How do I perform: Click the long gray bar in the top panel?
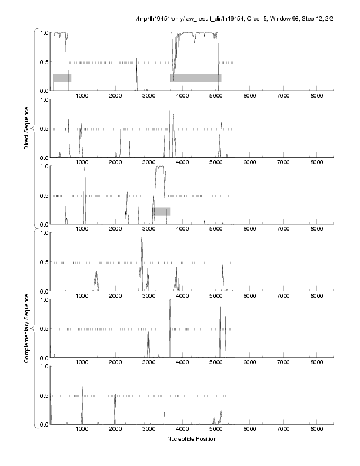(x=196, y=78)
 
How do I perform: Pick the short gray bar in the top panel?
(x=62, y=78)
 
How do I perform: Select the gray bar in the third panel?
(x=161, y=211)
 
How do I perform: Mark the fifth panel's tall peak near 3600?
(x=170, y=302)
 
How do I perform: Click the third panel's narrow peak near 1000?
(x=84, y=169)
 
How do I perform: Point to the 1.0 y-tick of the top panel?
(x=43, y=32)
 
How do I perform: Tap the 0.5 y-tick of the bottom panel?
(x=43, y=395)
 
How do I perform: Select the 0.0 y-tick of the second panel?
(x=43, y=158)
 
